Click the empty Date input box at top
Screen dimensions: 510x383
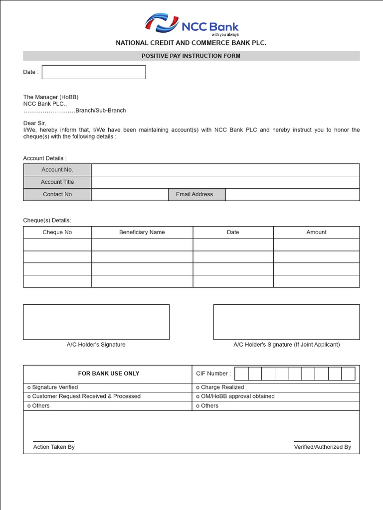point(94,72)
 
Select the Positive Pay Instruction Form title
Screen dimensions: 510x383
point(191,56)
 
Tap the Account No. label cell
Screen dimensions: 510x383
point(57,170)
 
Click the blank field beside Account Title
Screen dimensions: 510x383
point(225,182)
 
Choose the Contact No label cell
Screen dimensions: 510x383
point(57,194)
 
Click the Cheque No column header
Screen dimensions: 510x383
point(57,232)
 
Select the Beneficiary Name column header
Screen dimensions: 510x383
point(142,232)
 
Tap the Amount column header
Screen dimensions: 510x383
point(316,232)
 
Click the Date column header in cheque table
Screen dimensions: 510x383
point(233,232)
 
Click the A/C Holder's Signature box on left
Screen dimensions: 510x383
point(96,322)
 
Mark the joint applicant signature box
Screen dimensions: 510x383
point(286,322)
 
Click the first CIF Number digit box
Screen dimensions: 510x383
point(241,374)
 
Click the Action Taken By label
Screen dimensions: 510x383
point(54,447)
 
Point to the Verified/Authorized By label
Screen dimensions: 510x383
point(322,447)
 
